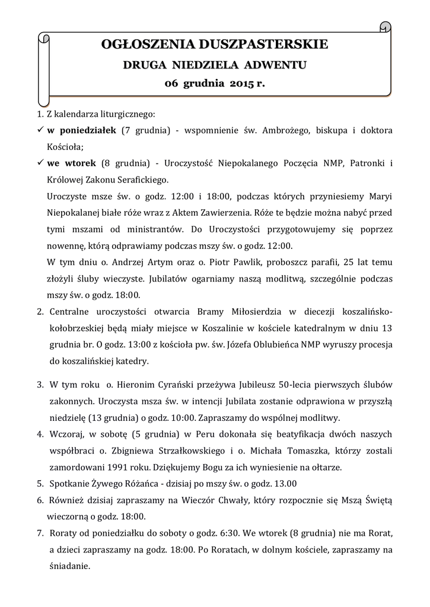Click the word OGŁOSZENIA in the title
click(x=139, y=44)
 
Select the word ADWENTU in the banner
click(x=278, y=64)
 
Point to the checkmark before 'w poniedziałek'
click(x=40, y=129)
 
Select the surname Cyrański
click(x=173, y=384)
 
